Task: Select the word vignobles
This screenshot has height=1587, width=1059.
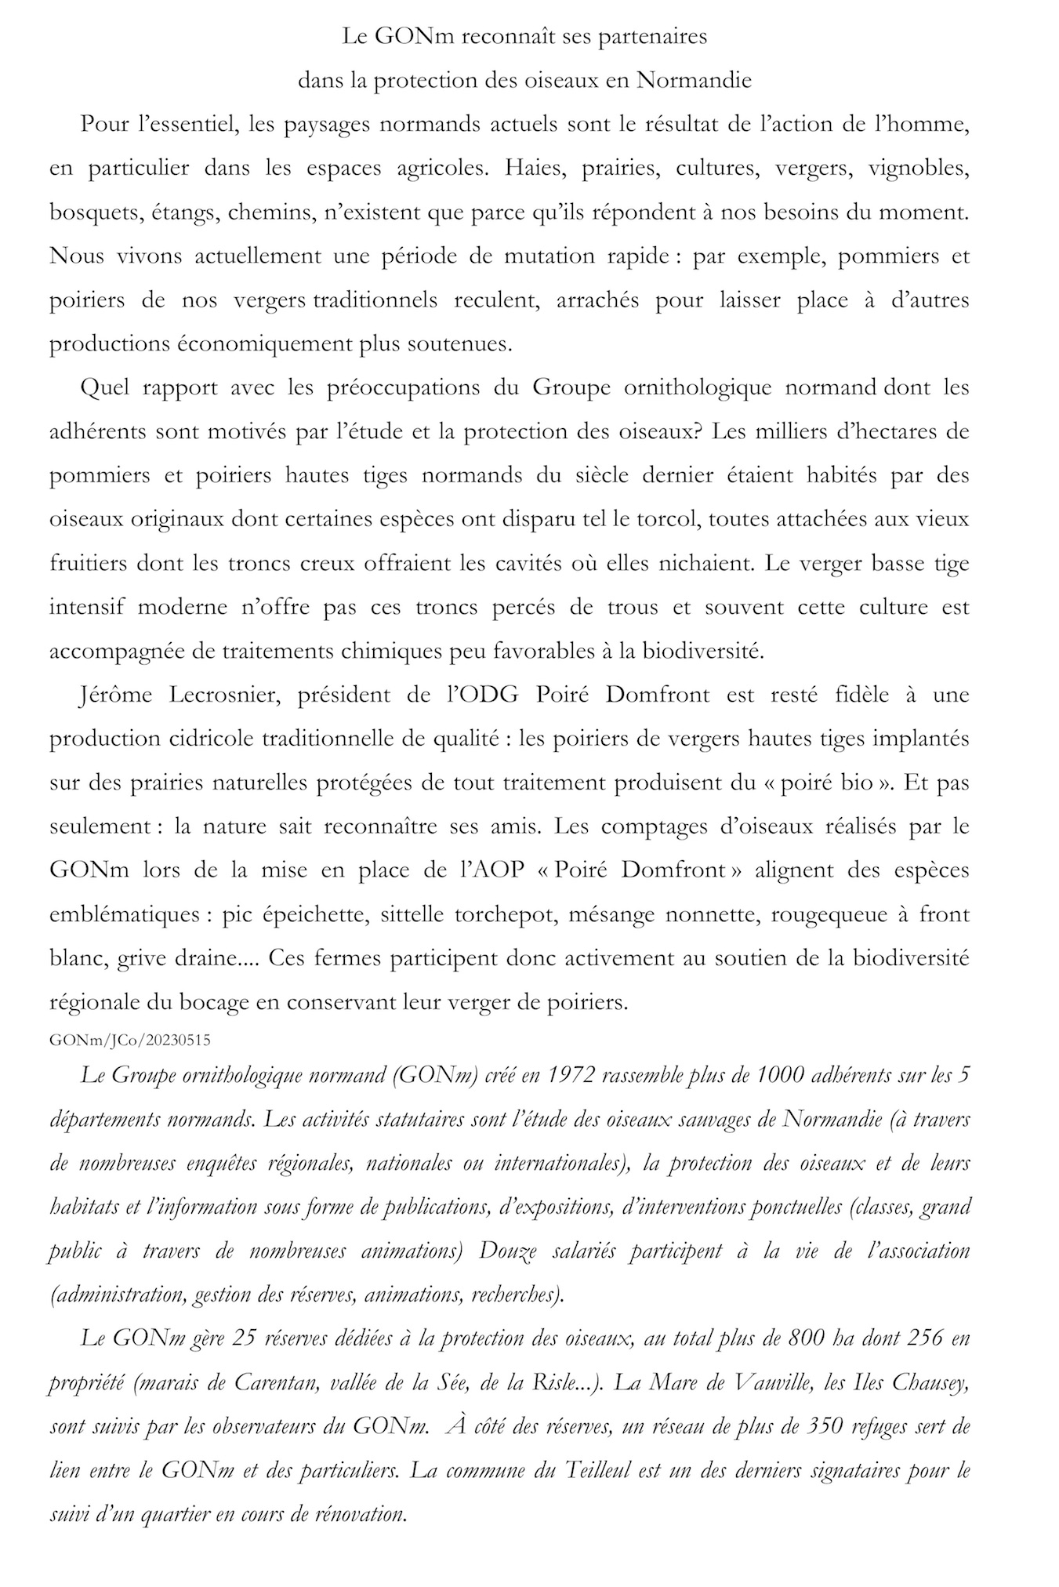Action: point(919,169)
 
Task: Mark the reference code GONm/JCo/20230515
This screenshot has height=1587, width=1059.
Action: point(129,1040)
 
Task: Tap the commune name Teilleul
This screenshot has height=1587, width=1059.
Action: point(599,1470)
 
